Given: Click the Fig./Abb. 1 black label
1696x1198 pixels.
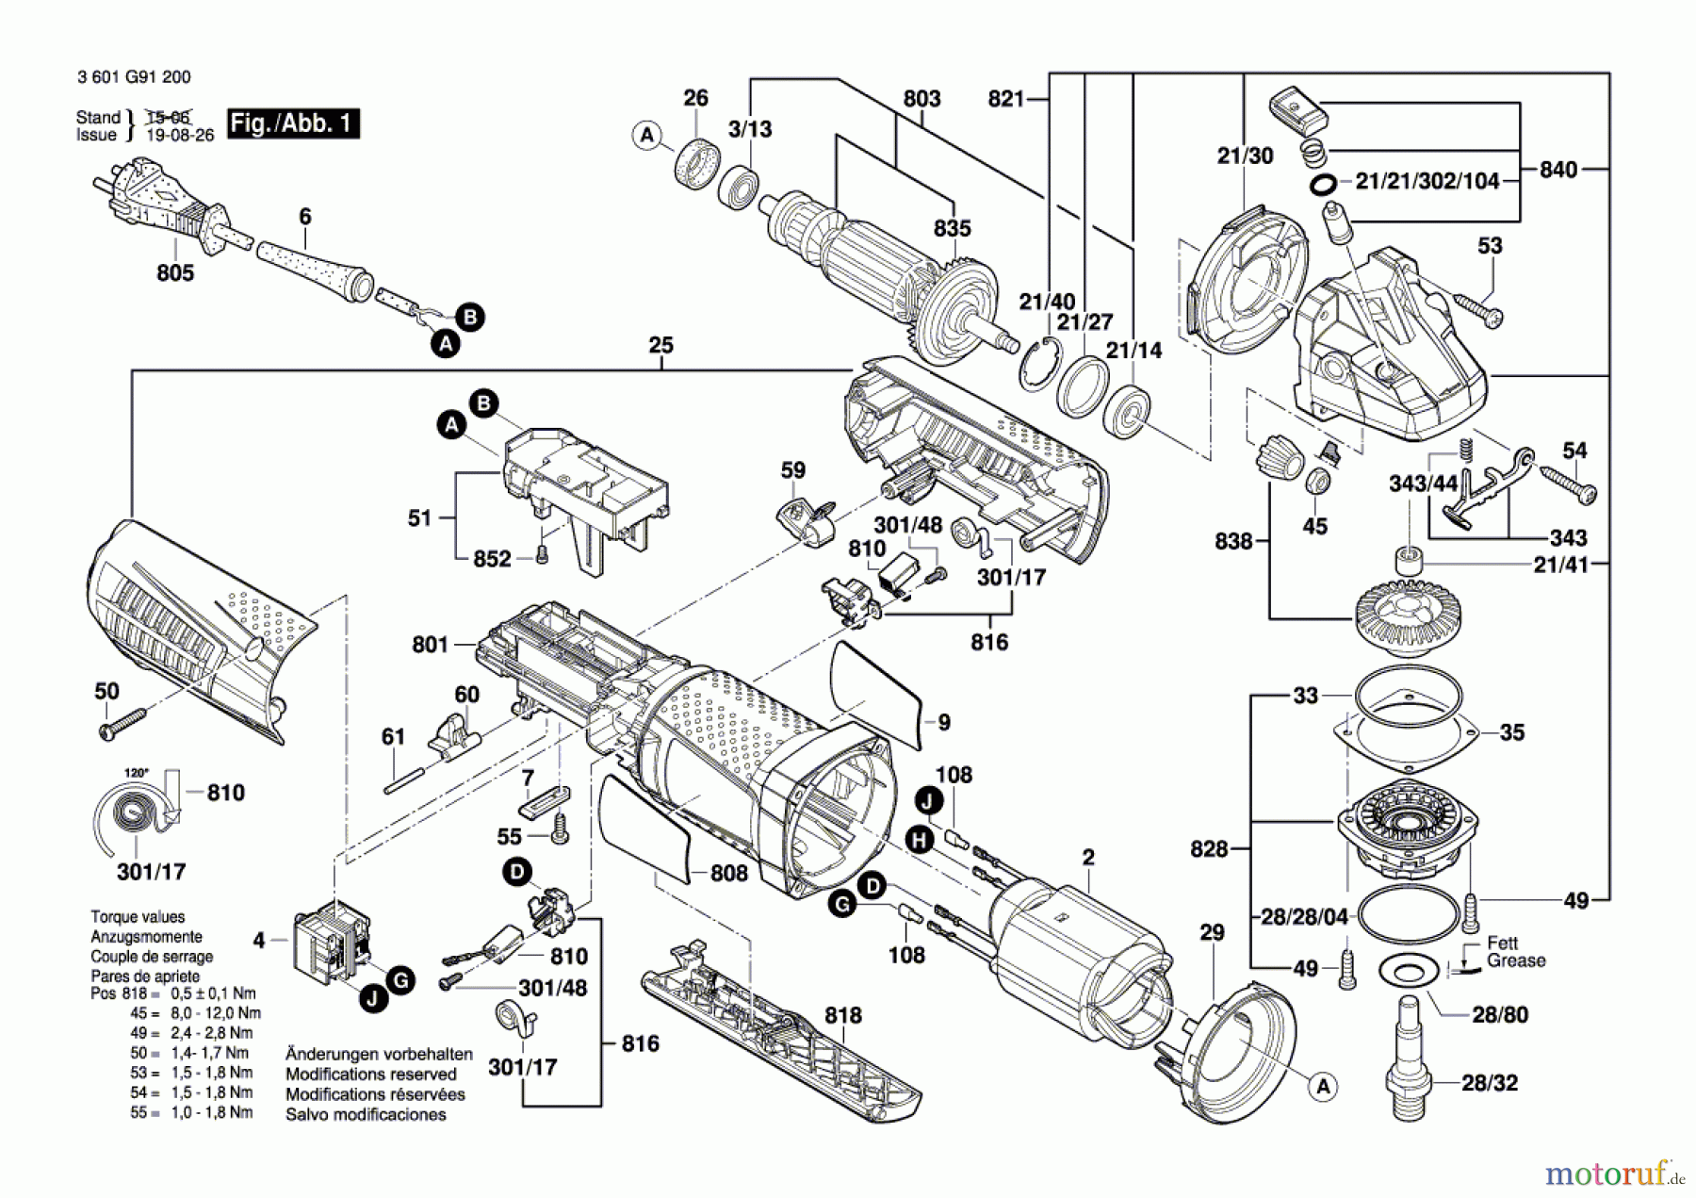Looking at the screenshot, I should tap(293, 123).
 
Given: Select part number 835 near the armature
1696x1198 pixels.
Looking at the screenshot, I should tap(952, 229).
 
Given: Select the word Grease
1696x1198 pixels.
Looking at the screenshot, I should tap(1516, 960).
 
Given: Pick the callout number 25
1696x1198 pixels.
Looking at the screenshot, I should tap(660, 345).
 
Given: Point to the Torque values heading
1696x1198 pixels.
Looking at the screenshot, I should tap(138, 916).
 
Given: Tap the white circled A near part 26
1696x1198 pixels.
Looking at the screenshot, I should tap(646, 136).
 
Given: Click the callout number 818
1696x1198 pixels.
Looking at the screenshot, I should tap(842, 1015).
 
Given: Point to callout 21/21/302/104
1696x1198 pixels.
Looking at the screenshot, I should tap(1427, 181).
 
